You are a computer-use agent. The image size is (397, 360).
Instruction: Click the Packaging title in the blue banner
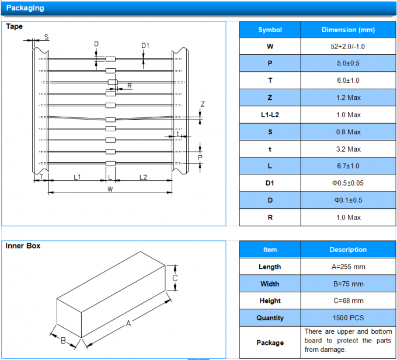[x=25, y=8]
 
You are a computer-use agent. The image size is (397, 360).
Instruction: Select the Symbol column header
[x=270, y=30]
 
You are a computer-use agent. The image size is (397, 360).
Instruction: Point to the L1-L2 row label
[x=270, y=115]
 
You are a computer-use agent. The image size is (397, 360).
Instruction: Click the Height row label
[x=270, y=301]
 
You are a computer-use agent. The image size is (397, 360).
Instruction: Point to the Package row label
[x=270, y=342]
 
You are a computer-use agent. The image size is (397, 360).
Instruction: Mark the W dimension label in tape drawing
[x=110, y=190]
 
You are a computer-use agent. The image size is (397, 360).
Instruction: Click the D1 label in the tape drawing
[x=145, y=46]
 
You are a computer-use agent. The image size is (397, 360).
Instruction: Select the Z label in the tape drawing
[x=203, y=104]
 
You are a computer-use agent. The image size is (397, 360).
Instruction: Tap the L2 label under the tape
[x=144, y=176]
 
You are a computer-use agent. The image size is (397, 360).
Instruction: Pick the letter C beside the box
[x=175, y=278]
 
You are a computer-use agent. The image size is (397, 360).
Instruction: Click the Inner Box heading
[x=23, y=246]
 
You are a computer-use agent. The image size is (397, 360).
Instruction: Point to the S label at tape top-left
[x=47, y=37]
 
